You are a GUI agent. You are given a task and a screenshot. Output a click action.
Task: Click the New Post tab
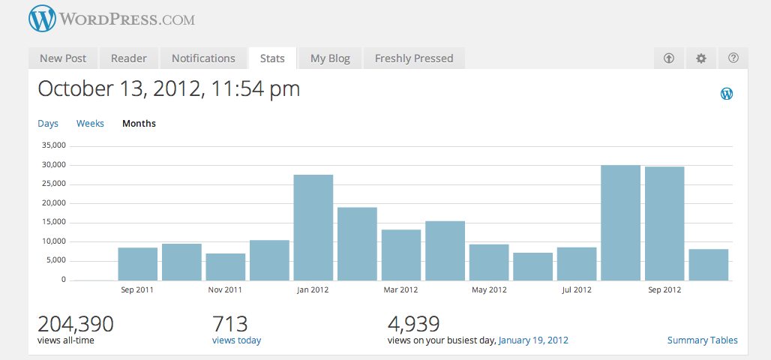tap(63, 58)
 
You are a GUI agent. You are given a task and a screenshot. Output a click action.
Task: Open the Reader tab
tap(129, 58)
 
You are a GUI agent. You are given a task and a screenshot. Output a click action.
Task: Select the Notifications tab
tap(203, 58)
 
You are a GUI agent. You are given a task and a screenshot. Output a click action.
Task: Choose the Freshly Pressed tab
tap(414, 58)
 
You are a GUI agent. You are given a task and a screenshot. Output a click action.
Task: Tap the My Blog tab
tap(330, 58)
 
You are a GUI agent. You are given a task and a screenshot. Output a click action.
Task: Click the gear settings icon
tap(701, 58)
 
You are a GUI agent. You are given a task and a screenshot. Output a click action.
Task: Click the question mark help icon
tap(733, 58)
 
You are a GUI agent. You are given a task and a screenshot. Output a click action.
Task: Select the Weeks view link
tap(90, 124)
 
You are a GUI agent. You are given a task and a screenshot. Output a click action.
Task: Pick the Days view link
tap(48, 124)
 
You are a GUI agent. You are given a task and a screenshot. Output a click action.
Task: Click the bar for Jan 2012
tap(313, 228)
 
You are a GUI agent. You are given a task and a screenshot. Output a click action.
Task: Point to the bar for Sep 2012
tap(664, 223)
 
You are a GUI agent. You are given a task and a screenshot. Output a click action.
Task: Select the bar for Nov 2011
tap(226, 267)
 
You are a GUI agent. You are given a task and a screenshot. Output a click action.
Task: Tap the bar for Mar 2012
tap(400, 255)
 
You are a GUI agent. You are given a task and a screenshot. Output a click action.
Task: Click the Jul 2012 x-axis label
tap(577, 289)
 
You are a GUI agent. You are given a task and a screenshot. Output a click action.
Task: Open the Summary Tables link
tap(702, 340)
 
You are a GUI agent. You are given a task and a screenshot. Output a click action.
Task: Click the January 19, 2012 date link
tap(533, 340)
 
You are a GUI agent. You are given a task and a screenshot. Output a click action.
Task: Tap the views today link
tap(236, 340)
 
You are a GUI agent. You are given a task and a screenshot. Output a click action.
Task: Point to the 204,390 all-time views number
tap(76, 324)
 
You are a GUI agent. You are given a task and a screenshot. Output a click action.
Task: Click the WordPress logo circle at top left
tap(43, 19)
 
